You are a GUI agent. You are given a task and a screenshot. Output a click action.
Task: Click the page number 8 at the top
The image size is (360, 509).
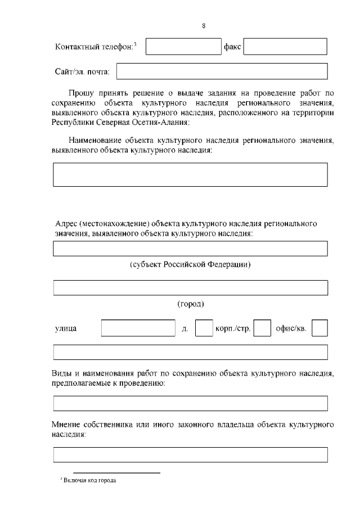(x=203, y=26)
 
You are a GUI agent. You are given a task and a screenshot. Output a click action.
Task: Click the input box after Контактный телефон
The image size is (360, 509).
(x=183, y=46)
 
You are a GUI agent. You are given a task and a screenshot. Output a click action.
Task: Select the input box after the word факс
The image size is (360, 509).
(x=285, y=46)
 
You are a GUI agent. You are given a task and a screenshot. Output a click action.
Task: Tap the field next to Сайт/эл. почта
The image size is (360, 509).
(x=222, y=71)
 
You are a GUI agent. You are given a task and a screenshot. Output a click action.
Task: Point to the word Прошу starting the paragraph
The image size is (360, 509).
(x=81, y=93)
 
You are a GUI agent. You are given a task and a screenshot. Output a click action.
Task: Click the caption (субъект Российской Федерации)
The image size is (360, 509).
(x=190, y=264)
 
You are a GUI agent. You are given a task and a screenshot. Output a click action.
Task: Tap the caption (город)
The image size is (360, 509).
(x=190, y=304)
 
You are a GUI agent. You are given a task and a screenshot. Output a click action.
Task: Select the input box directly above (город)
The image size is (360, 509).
(x=190, y=287)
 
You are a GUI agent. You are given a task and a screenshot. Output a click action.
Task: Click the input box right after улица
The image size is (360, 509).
(x=138, y=328)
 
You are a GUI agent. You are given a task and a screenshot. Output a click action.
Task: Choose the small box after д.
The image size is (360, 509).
(x=203, y=328)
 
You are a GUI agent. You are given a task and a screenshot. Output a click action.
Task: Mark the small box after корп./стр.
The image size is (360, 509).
(x=262, y=328)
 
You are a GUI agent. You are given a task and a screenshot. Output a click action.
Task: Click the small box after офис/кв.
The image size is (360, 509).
(x=319, y=328)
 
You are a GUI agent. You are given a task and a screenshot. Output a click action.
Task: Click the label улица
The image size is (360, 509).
(x=66, y=328)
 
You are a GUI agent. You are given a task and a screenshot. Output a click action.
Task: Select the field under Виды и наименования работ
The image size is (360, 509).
(x=190, y=403)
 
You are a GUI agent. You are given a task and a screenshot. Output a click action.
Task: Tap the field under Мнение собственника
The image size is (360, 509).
(x=190, y=454)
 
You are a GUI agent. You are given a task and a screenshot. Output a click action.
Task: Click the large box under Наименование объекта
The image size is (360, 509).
(x=190, y=174)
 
